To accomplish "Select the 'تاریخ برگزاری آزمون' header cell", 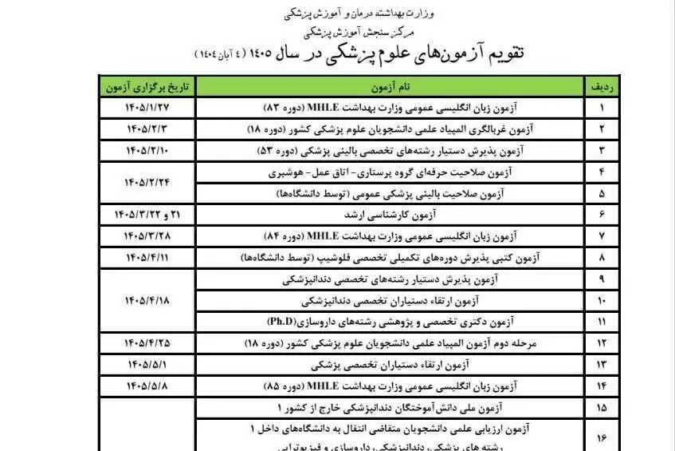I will pyautogui.click(x=137, y=85).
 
